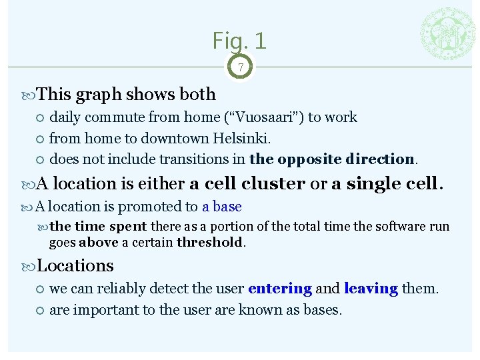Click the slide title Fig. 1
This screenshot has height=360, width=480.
(x=239, y=41)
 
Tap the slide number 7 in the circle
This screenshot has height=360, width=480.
(x=240, y=67)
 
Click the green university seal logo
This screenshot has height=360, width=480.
(x=447, y=35)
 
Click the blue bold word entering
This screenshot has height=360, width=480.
(x=280, y=289)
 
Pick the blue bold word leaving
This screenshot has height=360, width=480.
(x=371, y=289)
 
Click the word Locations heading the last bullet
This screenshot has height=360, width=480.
(x=75, y=265)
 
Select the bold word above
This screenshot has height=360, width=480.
(x=99, y=242)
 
